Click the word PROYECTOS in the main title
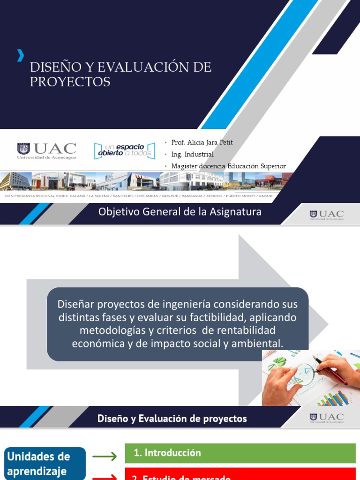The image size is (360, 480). click(70, 82)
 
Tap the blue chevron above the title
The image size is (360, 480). click(20, 55)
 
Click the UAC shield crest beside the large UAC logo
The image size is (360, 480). click(23, 149)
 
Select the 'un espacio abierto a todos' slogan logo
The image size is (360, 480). click(124, 150)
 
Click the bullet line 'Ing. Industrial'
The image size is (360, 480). click(192, 154)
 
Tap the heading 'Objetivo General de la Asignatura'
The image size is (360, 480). click(180, 212)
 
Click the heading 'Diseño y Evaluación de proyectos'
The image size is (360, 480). click(172, 419)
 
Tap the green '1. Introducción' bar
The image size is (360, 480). click(240, 453)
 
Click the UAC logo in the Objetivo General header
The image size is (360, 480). click(327, 215)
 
